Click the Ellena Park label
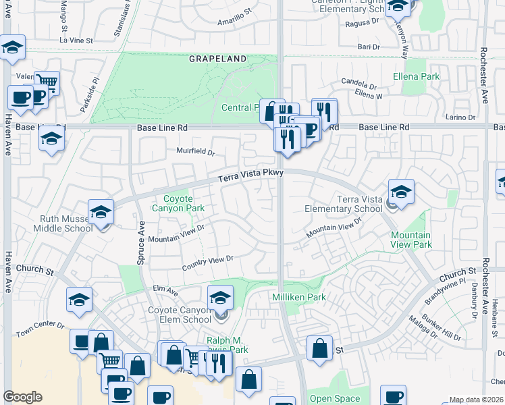(416, 77)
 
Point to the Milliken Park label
(299, 297)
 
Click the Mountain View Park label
(410, 241)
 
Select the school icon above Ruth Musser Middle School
(101, 212)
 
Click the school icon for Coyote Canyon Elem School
(220, 297)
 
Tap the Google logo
(22, 397)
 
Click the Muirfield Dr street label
(195, 152)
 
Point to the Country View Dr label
(208, 261)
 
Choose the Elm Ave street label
(165, 291)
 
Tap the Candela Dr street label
(358, 86)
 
